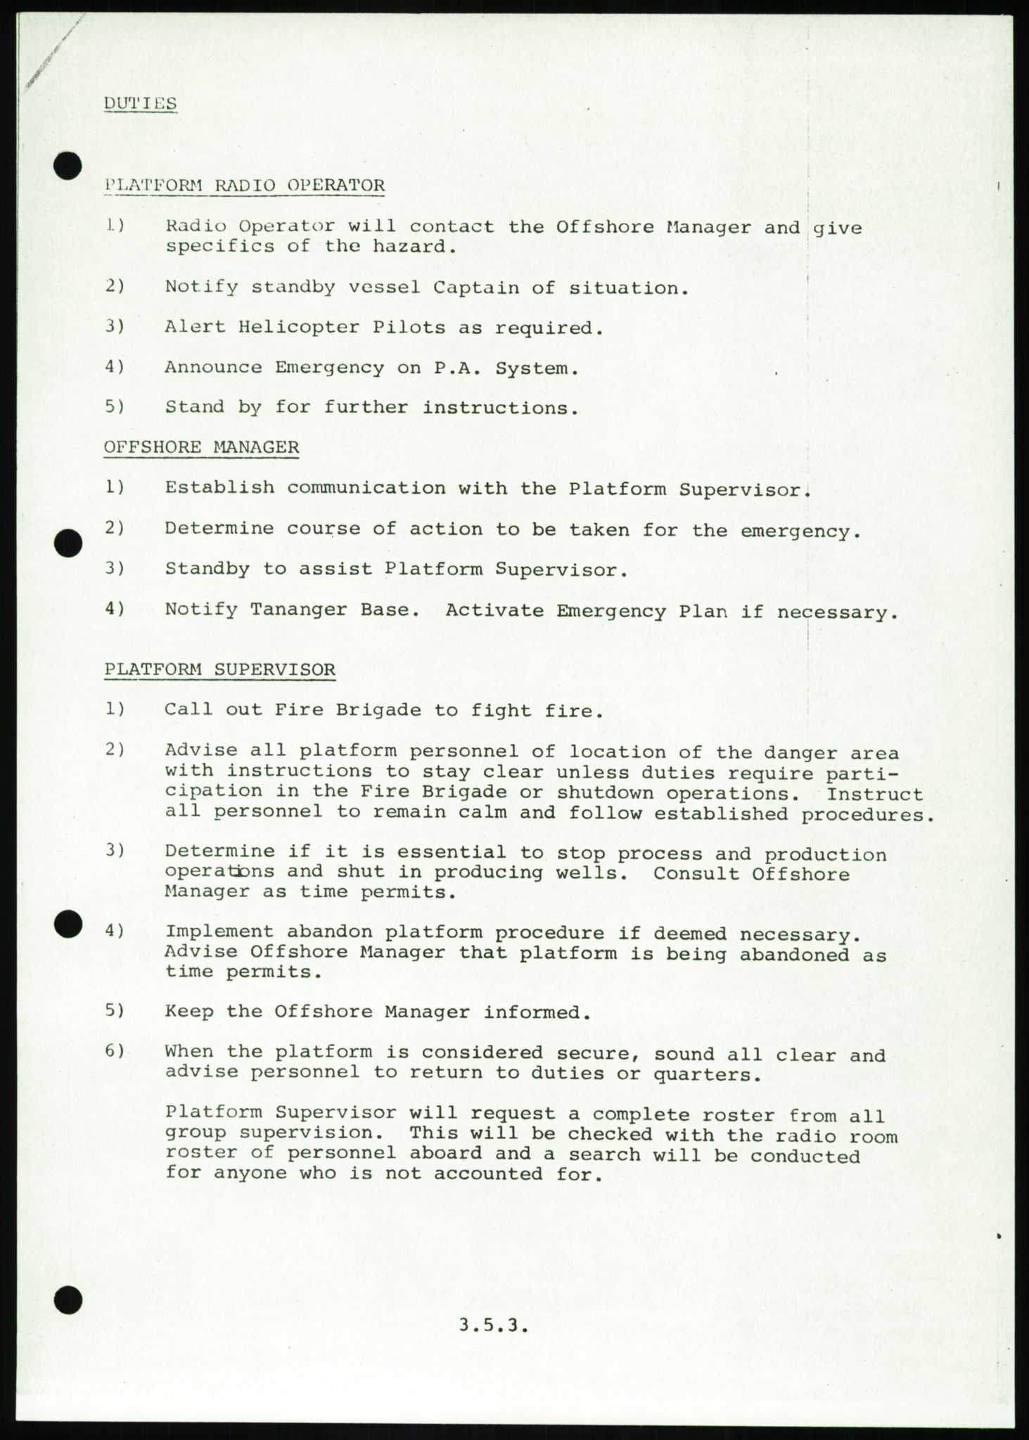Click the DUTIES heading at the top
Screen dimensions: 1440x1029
pos(140,103)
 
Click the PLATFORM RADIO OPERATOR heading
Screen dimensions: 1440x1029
pos(244,186)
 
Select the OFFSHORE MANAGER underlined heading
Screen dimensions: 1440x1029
pos(201,447)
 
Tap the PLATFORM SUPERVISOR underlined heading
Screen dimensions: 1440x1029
pos(219,669)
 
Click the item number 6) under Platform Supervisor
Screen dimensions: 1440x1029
pos(114,1052)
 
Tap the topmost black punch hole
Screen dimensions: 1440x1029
pos(68,166)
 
